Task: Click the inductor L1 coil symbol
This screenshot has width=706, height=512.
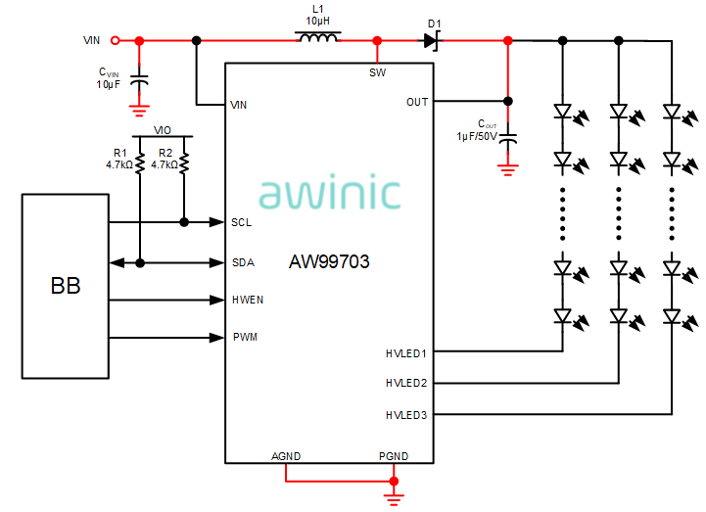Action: (x=318, y=39)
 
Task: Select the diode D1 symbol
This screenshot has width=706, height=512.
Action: (x=431, y=40)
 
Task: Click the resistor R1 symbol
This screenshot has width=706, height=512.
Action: (x=140, y=163)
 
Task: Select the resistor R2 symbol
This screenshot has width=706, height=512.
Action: (x=184, y=163)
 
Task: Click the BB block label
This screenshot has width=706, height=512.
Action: (x=66, y=287)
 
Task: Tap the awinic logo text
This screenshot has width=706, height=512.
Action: (x=330, y=193)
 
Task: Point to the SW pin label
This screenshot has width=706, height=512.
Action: (x=377, y=72)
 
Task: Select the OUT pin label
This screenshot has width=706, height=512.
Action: (x=417, y=102)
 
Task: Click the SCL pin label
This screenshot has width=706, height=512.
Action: (x=241, y=223)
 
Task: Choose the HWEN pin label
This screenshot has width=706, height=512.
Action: (x=247, y=300)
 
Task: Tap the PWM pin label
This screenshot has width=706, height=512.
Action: (x=244, y=338)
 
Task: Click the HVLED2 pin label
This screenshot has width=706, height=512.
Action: (x=406, y=383)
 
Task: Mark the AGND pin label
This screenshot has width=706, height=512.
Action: (x=286, y=456)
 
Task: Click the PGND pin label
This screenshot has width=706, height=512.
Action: (x=394, y=456)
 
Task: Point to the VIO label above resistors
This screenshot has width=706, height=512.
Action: (x=163, y=129)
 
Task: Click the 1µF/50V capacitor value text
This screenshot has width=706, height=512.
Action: (x=479, y=136)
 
